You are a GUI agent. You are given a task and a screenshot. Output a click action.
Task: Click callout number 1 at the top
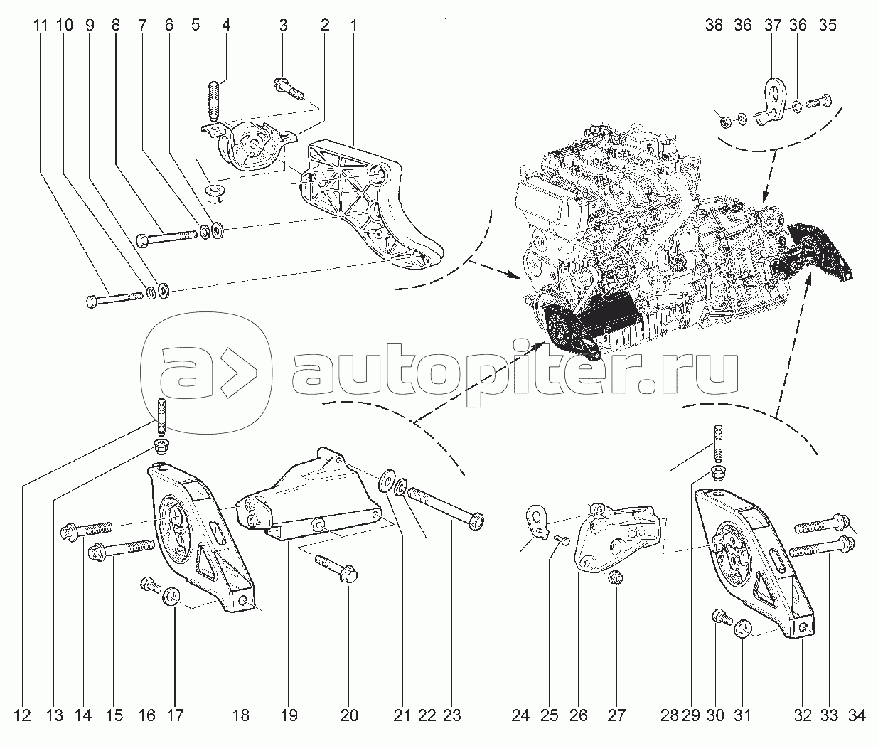point(353,26)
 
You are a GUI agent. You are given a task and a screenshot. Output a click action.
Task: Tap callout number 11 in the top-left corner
point(41,26)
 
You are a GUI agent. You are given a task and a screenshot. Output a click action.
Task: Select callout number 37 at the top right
point(773,26)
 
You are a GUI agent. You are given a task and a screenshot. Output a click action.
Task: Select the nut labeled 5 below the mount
point(215,193)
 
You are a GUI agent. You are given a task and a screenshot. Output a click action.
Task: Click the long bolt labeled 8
point(167,237)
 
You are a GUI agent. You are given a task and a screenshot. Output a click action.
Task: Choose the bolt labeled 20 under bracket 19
point(336,568)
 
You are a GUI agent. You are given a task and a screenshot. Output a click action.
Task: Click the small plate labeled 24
point(537,522)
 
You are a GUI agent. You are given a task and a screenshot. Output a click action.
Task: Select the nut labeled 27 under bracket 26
point(616,577)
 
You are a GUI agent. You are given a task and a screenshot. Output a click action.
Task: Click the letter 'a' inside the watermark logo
point(182,373)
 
